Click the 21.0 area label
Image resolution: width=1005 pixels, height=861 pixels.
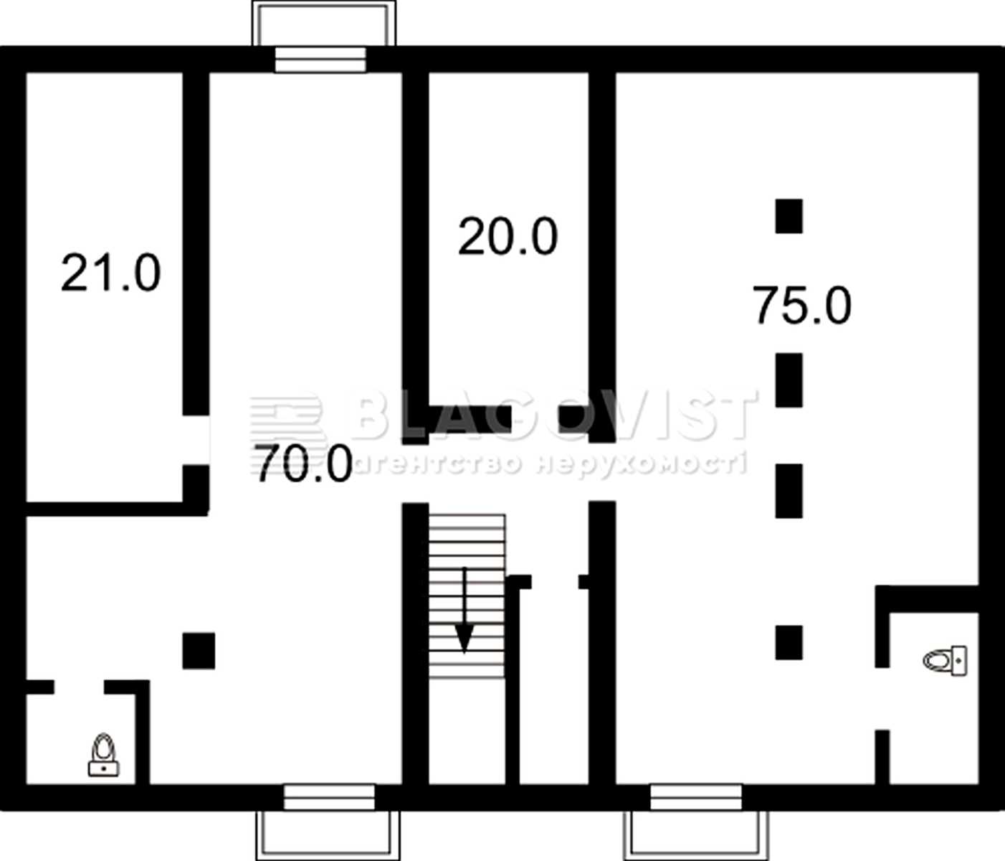[111, 273]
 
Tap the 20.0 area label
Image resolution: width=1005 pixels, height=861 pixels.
[508, 237]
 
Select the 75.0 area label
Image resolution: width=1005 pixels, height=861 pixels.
[802, 305]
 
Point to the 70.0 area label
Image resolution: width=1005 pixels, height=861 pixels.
[304, 464]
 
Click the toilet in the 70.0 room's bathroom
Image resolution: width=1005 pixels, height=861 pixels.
[103, 755]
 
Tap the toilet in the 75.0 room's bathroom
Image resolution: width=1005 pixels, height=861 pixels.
[945, 661]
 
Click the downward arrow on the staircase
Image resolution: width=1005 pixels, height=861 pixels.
[465, 610]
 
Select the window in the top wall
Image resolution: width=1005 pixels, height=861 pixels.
[320, 60]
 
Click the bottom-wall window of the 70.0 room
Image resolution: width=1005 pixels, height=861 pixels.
[329, 797]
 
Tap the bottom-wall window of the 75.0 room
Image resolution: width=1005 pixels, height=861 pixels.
[696, 797]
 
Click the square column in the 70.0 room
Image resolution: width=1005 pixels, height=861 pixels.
[199, 651]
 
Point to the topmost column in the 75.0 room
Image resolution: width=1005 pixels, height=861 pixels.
[789, 216]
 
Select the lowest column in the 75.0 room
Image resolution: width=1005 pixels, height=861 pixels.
[789, 642]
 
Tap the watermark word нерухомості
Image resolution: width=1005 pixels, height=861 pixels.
[642, 464]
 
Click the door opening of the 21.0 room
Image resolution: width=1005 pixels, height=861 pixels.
[196, 440]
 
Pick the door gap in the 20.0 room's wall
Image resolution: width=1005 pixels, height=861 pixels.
[535, 419]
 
